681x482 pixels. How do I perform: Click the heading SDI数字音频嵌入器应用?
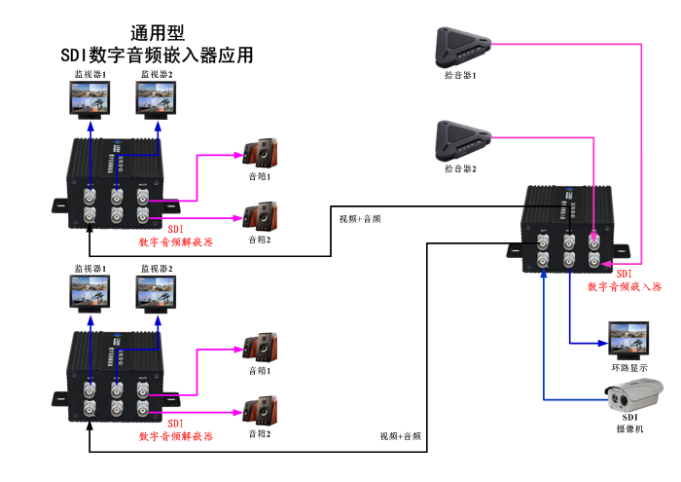[x=157, y=56]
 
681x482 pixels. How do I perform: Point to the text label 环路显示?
[x=629, y=367]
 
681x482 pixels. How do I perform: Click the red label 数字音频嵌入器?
[x=624, y=287]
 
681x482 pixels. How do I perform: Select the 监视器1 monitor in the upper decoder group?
[x=90, y=98]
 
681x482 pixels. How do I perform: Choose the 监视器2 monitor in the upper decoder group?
[x=156, y=98]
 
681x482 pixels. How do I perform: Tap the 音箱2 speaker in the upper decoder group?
[x=260, y=217]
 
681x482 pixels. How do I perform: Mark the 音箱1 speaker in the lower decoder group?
[x=260, y=348]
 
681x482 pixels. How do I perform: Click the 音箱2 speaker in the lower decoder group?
[x=260, y=411]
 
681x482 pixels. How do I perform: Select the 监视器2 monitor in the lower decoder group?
[x=156, y=291]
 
